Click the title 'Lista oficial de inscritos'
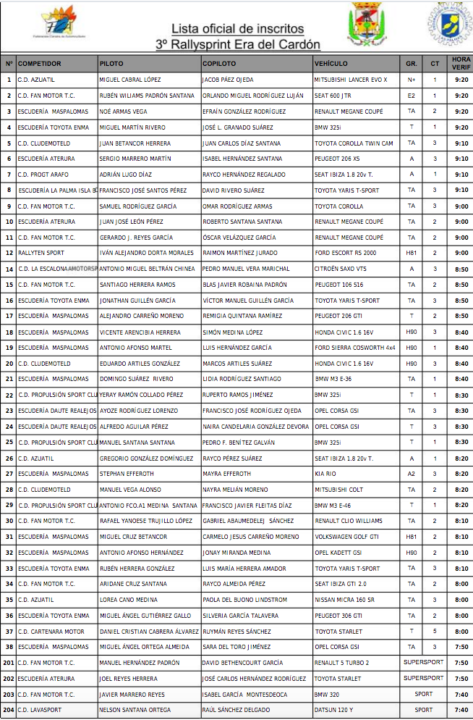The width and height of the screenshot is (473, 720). click(x=237, y=29)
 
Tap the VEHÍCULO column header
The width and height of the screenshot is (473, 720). click(x=331, y=64)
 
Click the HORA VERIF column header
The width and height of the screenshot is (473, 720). click(x=461, y=63)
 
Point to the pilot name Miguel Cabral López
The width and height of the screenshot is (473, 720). click(x=130, y=80)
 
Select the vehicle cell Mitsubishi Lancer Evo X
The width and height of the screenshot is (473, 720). click(x=351, y=80)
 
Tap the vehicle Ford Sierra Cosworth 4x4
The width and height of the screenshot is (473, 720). click(x=355, y=348)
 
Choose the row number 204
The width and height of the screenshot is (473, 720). click(x=8, y=710)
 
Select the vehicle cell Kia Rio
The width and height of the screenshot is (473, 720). click(x=325, y=474)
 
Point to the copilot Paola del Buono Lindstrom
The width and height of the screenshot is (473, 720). click(x=244, y=600)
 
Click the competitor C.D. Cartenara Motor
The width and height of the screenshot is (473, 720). click(x=51, y=631)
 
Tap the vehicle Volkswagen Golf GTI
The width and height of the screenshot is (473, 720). click(x=346, y=537)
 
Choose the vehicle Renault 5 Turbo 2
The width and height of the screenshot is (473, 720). click(x=341, y=663)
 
